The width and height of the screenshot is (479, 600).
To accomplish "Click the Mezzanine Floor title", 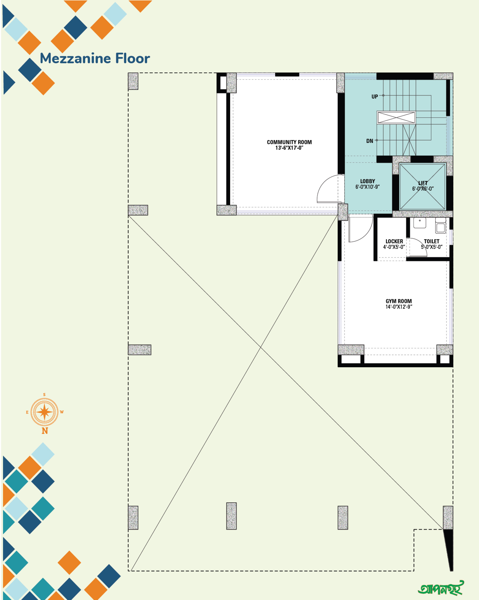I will [95, 58].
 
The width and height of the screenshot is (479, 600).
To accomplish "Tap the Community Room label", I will [289, 142].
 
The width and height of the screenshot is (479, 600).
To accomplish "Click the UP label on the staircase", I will [375, 97].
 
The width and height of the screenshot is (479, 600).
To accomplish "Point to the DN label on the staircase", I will [369, 141].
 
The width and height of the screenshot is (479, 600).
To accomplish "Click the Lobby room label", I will [367, 181].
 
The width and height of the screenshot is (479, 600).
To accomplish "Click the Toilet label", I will [431, 241].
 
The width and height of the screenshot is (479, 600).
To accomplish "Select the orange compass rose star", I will [44, 412].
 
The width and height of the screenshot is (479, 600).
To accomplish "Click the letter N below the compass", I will [45, 431].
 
